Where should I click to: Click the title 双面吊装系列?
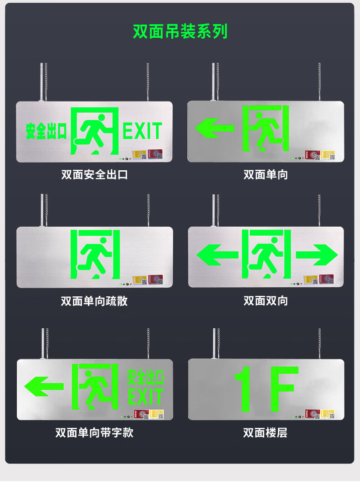pos(180,31)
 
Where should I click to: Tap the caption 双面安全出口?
pos(94,174)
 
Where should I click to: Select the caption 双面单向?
pos(266,174)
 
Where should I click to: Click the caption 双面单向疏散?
pos(94,301)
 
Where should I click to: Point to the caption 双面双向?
pos(266,301)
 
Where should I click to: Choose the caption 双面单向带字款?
pos(94,432)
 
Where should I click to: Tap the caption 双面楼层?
pos(266,432)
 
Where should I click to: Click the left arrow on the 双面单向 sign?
pos(214,128)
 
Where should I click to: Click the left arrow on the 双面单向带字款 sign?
pos(44,386)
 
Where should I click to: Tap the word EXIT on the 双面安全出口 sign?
pos(142,131)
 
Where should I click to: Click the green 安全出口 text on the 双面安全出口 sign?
pos(46,131)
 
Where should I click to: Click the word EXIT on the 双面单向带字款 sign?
pos(145,397)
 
